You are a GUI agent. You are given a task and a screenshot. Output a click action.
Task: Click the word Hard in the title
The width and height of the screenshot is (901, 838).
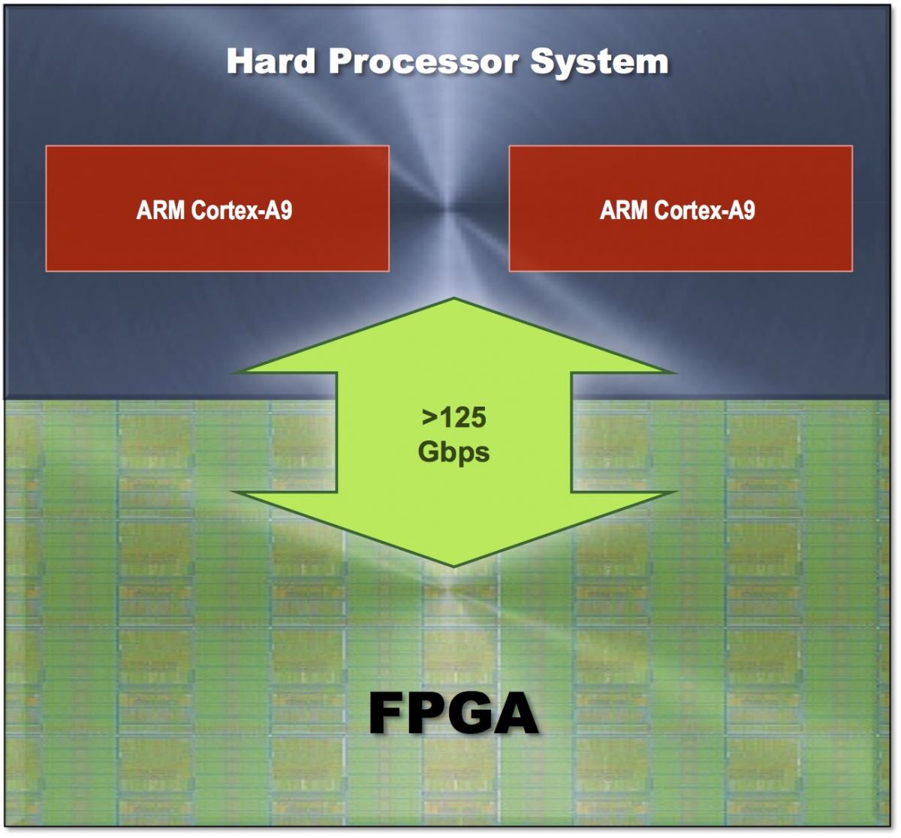(x=271, y=62)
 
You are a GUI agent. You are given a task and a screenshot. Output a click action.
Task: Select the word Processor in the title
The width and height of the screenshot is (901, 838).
(x=423, y=62)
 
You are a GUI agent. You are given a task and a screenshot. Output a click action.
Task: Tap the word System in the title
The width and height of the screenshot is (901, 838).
(x=599, y=62)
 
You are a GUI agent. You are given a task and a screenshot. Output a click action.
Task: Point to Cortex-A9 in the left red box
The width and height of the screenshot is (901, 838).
(x=242, y=210)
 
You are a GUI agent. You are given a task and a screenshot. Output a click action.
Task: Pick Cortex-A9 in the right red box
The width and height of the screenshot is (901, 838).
(x=705, y=210)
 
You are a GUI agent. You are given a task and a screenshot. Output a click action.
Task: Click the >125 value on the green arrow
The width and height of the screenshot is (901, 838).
(x=454, y=417)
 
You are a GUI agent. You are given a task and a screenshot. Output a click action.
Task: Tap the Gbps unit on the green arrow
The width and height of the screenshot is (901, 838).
(x=454, y=452)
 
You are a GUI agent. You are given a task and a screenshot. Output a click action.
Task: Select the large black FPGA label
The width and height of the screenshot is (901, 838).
(x=454, y=713)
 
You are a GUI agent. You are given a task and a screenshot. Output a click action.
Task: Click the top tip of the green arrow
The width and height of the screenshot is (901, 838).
(x=454, y=299)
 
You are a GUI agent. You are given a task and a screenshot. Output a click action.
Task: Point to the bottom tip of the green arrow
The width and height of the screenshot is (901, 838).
(x=454, y=566)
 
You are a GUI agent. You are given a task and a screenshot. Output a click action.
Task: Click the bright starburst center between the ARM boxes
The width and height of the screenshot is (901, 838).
(x=449, y=209)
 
